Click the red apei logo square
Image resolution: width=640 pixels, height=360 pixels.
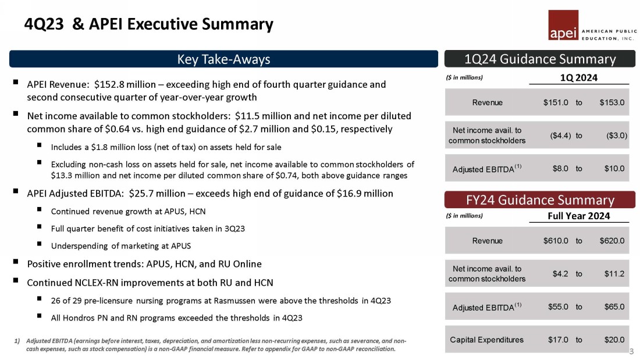(563, 26)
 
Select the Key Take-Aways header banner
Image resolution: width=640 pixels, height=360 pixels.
(223, 59)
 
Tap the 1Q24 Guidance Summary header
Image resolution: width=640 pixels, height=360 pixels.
(540, 59)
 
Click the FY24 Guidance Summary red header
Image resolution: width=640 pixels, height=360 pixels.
(540, 200)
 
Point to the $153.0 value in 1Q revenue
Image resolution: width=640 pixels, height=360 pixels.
(611, 103)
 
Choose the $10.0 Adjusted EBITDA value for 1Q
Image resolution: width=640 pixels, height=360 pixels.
(614, 169)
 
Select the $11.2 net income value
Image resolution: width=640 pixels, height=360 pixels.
(614, 274)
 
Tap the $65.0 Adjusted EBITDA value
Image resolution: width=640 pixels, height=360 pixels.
(614, 306)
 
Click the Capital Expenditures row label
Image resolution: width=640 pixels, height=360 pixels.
(486, 340)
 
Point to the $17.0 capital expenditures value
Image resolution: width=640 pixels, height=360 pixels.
(557, 340)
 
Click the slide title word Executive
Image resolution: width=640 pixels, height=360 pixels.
(162, 24)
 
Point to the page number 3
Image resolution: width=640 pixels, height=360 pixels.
(632, 351)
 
